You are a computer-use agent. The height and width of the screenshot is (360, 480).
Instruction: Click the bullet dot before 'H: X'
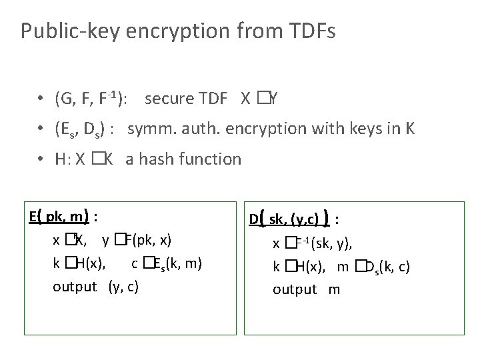[x=42, y=159]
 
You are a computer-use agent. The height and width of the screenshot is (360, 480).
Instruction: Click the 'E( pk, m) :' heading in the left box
[x=65, y=217]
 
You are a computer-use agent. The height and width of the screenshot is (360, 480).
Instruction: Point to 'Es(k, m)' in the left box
[x=177, y=264]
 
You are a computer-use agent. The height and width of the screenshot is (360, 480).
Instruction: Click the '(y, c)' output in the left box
[x=123, y=287]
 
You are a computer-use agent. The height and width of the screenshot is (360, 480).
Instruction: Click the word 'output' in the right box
[x=295, y=289]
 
